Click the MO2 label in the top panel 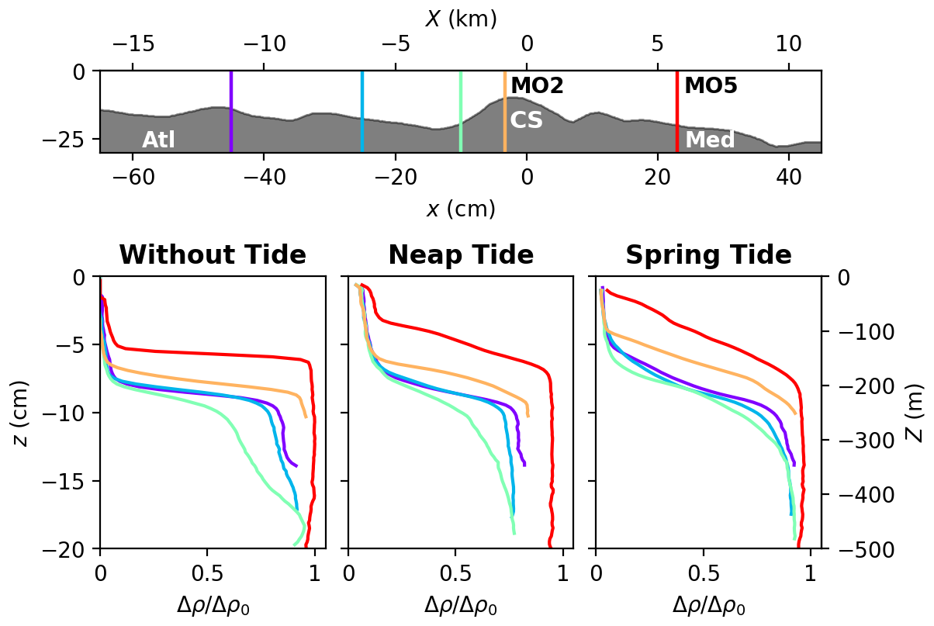[x=537, y=85]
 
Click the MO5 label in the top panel [x=711, y=85]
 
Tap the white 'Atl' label [x=158, y=140]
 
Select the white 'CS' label [x=526, y=120]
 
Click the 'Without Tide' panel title [x=212, y=255]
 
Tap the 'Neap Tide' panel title [x=461, y=255]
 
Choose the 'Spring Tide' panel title [x=708, y=255]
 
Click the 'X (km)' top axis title [x=461, y=19]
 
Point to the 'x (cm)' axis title [x=461, y=209]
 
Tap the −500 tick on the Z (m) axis [x=851, y=549]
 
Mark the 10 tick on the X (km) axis [x=788, y=43]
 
